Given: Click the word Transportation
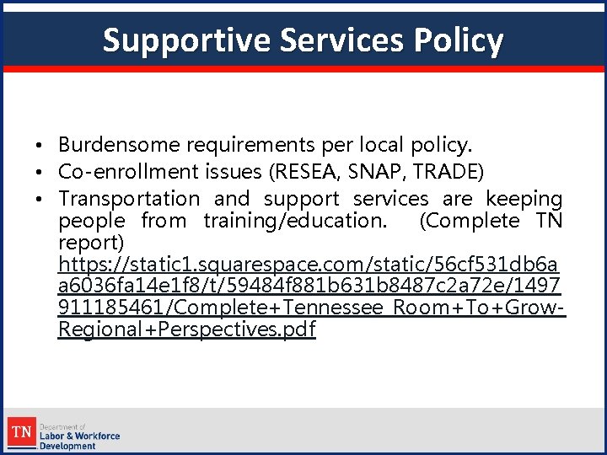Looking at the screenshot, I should tap(129, 199).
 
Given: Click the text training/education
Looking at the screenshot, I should tap(296, 221).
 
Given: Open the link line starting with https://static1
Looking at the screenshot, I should tap(309, 265).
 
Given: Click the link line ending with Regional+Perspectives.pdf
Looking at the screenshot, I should tap(186, 329).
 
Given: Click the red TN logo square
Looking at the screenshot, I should tap(23, 433).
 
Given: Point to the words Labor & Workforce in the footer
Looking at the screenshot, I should tap(80, 436).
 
